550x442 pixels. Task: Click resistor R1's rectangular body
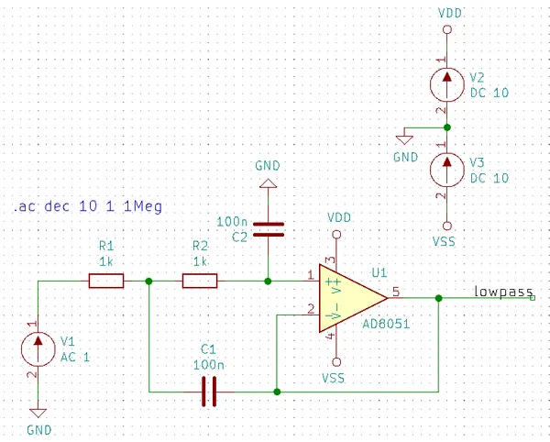pos(106,281)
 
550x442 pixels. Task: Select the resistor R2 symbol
pos(200,281)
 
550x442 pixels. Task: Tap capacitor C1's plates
pos(209,392)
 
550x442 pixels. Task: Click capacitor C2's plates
pos(269,229)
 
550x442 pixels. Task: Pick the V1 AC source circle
pos(38,349)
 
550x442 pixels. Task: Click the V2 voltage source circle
pos(447,84)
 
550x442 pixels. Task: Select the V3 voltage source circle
pos(447,171)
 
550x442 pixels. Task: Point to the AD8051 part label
pos(386,324)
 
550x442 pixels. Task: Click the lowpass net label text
pos(503,292)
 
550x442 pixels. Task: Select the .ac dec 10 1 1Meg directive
pos(88,206)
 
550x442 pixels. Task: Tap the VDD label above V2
pos(450,14)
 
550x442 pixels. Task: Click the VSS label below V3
pos(444,242)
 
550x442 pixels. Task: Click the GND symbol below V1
pos(38,413)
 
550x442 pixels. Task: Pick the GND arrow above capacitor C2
pos(269,183)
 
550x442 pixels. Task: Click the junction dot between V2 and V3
pos(447,127)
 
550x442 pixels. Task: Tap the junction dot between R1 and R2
pos(148,281)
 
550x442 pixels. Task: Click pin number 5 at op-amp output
pos(396,292)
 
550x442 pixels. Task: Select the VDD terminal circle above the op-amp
pos(336,235)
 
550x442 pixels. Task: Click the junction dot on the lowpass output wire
pos(438,298)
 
